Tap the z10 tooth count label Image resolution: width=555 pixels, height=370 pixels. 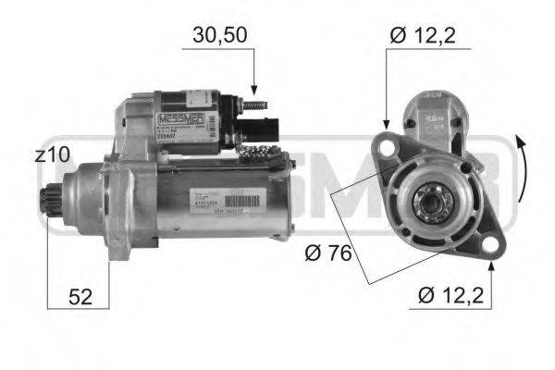tap(51, 156)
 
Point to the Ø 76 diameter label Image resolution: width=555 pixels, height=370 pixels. tap(328, 251)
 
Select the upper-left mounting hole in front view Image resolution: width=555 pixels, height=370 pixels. tap(385, 147)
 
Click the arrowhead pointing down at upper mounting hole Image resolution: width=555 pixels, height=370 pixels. tap(385, 126)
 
